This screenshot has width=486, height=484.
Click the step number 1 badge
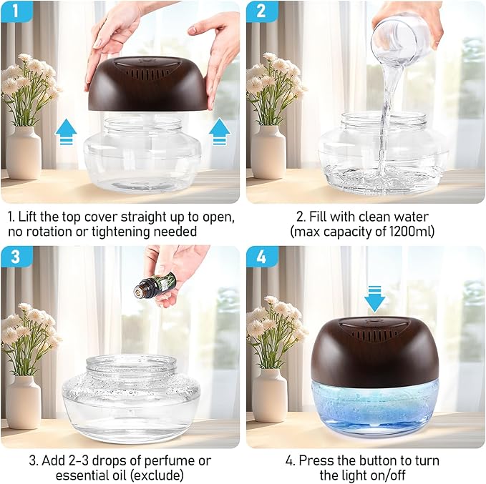point(16,11)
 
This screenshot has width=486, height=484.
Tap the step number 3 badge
point(16,256)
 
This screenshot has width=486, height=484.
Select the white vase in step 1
point(24,152)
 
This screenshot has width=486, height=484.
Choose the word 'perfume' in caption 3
point(170,460)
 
